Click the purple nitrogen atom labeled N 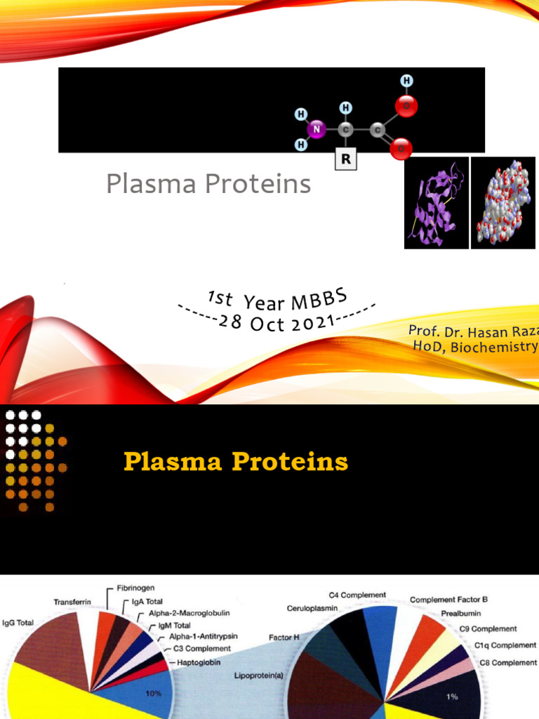pos(317,129)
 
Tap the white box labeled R pos(345,159)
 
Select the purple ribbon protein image pos(437,203)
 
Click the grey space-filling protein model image pos(503,203)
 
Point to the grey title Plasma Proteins pos(208,184)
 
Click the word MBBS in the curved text pos(319,300)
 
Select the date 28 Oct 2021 pos(277,323)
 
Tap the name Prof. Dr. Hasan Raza pos(474,331)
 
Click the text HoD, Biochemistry pos(476,346)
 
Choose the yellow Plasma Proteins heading pos(236,461)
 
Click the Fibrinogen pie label pos(135,588)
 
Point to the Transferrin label pos(72,602)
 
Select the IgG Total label pos(18,623)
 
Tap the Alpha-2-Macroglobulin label pos(189,613)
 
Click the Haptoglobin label pos(199,663)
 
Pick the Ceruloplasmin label pos(312,609)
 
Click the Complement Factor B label pos(448,600)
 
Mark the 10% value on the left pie pos(153,694)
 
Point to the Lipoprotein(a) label pos(258,675)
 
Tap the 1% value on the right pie pos(452,697)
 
